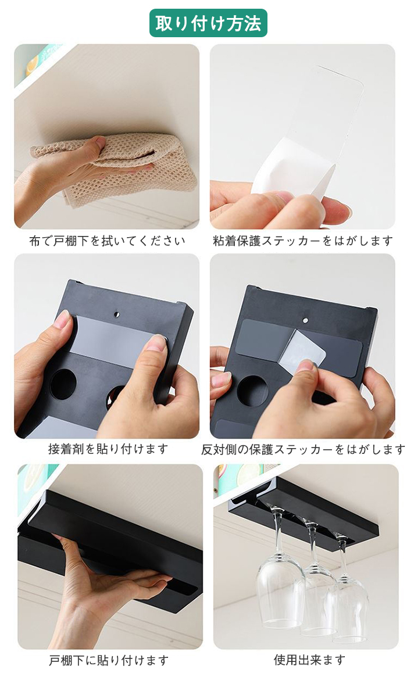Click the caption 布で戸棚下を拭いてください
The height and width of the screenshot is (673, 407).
(108, 241)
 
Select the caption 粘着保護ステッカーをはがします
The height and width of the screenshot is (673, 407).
(303, 241)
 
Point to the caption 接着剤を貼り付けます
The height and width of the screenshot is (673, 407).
(108, 449)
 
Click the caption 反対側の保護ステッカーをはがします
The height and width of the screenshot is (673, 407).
(303, 449)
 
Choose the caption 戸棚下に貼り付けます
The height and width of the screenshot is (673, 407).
(109, 660)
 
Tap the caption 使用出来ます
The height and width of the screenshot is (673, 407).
(309, 660)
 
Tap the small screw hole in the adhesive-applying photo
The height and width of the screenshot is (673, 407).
(117, 314)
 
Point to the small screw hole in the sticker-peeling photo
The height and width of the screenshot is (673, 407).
(305, 320)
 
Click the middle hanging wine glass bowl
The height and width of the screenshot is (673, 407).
(317, 601)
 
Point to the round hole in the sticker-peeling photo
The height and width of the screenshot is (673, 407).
(253, 391)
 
